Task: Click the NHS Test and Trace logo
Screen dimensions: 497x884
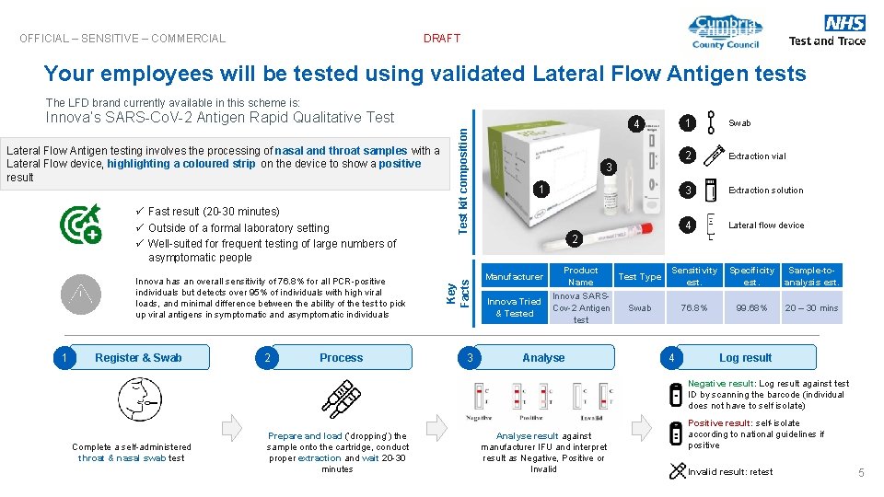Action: [827, 30]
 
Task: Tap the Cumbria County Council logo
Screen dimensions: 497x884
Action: [725, 32]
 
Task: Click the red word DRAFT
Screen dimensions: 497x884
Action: [442, 39]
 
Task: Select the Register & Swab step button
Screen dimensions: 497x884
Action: [138, 358]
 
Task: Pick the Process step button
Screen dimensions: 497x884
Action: [341, 358]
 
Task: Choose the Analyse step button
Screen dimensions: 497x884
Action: [543, 358]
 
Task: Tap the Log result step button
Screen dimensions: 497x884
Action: [746, 358]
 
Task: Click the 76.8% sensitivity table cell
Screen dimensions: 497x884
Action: [694, 308]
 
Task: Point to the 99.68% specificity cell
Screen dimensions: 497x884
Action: [751, 308]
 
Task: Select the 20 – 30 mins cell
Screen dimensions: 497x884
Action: [811, 308]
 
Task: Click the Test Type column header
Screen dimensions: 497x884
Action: [639, 276]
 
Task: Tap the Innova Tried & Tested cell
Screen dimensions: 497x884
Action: [514, 307]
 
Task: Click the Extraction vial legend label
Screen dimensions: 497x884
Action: [757, 156]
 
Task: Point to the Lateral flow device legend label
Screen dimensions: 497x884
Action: [766, 225]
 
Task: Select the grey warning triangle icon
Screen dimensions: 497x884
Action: [79, 295]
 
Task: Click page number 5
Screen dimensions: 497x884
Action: [861, 473]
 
